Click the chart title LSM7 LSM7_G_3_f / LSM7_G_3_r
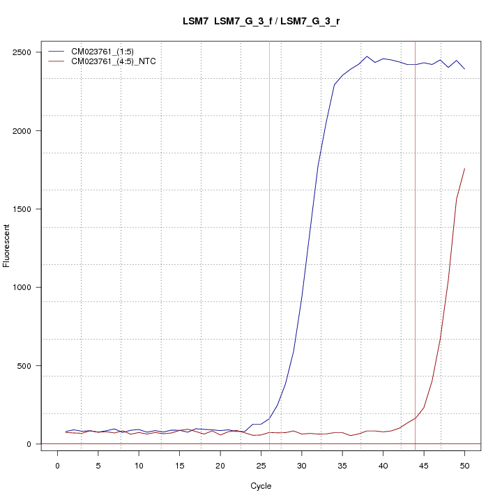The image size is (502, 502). pyautogui.click(x=261, y=22)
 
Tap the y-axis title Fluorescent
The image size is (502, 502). pyautogui.click(x=7, y=245)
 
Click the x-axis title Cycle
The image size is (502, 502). pyautogui.click(x=261, y=486)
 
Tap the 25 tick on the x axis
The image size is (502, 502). pyautogui.click(x=261, y=466)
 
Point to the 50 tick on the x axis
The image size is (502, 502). pyautogui.click(x=464, y=466)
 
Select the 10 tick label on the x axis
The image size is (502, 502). pyautogui.click(x=139, y=466)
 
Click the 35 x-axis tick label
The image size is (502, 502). pyautogui.click(x=342, y=466)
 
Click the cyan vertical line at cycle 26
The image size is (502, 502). pyautogui.click(x=269, y=244)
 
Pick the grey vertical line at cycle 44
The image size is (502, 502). pyautogui.click(x=416, y=244)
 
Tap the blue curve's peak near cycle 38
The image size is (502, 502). pyautogui.click(x=367, y=56)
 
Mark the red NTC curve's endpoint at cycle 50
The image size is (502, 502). pyautogui.click(x=464, y=169)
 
